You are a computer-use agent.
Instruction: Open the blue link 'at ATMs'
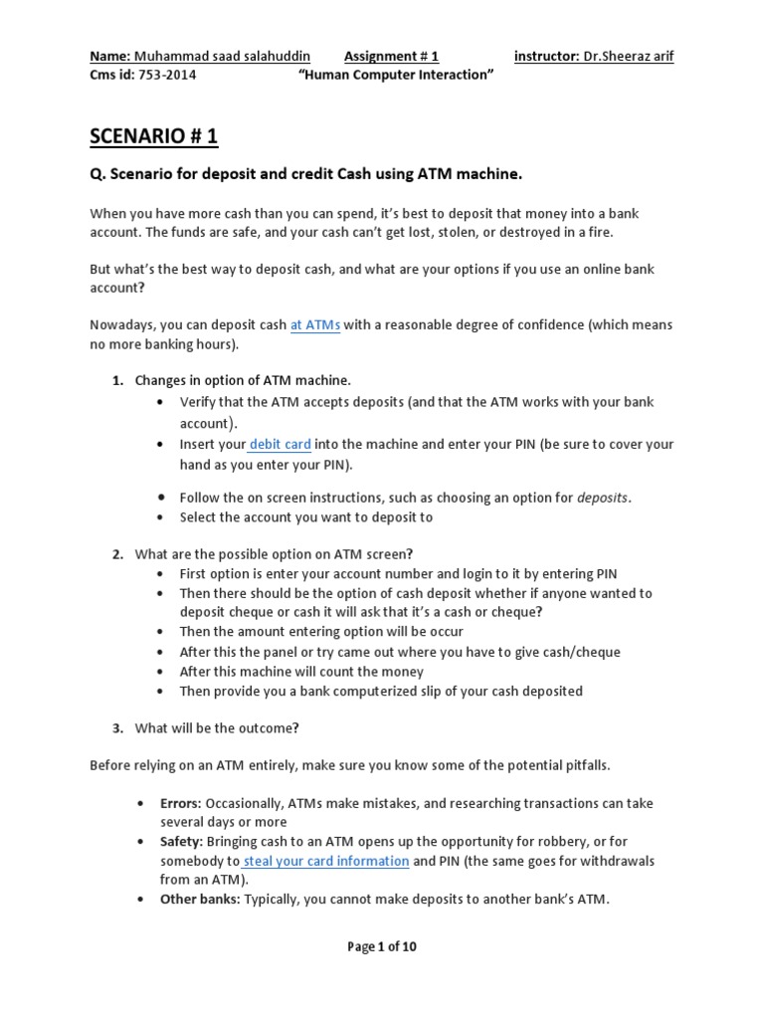click(x=315, y=325)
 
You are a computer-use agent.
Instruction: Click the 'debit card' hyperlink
click(x=280, y=445)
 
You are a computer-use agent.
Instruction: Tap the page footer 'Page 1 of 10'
click(x=382, y=946)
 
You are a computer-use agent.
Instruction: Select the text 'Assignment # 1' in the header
click(x=391, y=56)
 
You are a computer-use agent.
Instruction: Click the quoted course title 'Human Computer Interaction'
click(x=397, y=76)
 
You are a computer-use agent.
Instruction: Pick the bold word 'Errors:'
click(x=182, y=803)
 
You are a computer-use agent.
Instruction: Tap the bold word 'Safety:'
click(x=182, y=842)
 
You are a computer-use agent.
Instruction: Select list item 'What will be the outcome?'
click(x=216, y=728)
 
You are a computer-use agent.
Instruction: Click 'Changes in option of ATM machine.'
click(x=243, y=380)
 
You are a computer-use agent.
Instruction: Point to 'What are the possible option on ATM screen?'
click(x=274, y=554)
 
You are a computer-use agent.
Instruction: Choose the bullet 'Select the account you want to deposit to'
click(x=305, y=517)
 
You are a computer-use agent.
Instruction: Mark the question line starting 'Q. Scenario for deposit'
click(x=305, y=175)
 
